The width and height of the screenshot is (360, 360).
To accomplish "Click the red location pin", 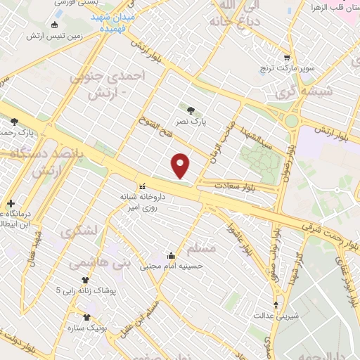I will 181,166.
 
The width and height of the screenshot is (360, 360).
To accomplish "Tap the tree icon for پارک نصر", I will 191,109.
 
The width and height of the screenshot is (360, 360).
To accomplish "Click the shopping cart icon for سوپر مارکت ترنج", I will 286,58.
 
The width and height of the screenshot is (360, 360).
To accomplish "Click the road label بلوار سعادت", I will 238,186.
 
